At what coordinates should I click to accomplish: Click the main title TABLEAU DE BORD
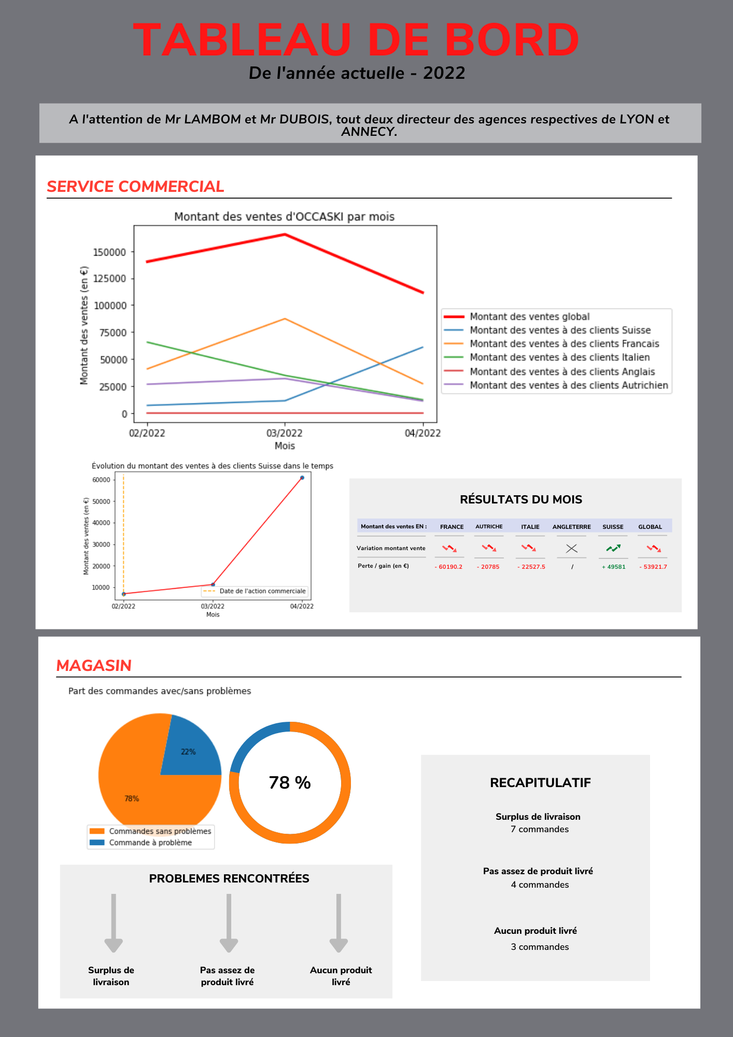point(356,40)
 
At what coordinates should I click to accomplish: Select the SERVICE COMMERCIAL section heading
point(135,187)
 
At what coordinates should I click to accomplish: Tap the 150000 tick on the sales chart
point(109,252)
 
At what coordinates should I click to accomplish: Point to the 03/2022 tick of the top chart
point(284,433)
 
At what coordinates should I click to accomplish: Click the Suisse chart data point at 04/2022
point(302,478)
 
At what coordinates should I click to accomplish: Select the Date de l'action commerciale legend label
point(262,591)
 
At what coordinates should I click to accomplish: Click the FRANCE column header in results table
point(452,527)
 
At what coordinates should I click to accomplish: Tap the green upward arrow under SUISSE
point(613,548)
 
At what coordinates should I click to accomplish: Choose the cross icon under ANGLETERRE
point(572,548)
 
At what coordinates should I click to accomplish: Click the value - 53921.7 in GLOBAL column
point(653,567)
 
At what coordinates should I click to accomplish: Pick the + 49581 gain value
point(614,567)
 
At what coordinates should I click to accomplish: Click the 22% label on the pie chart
point(188,752)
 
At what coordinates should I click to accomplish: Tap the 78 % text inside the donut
point(290,782)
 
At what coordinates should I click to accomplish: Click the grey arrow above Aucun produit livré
point(339,923)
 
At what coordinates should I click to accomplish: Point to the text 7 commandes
point(540,829)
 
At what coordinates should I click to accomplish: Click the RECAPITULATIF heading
point(540,783)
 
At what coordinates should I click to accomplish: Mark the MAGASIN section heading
point(94,666)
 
